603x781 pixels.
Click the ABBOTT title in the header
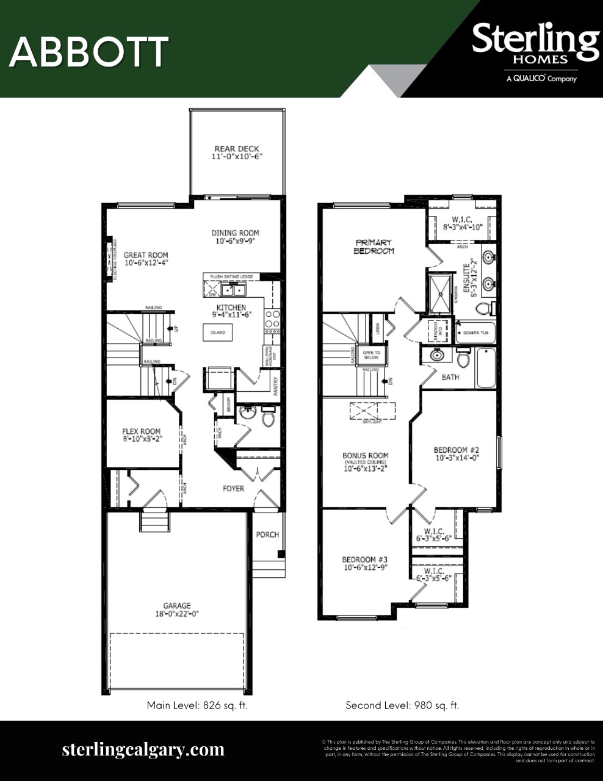(x=88, y=52)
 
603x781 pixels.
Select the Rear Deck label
(x=237, y=149)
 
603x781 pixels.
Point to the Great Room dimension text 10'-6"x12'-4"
(x=146, y=263)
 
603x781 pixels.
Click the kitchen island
(x=218, y=333)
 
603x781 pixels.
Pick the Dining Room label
(x=235, y=232)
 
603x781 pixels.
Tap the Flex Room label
(x=142, y=431)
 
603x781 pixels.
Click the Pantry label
(x=276, y=387)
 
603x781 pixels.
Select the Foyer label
(x=233, y=488)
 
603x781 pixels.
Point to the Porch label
(x=267, y=534)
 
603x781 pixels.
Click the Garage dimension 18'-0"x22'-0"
(x=176, y=614)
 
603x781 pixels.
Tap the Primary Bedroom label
(x=375, y=247)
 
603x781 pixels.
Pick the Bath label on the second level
(x=450, y=377)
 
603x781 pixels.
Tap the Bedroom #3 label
(x=364, y=560)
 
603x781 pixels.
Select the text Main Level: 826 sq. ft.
(x=197, y=705)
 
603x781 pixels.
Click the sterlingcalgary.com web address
(x=143, y=749)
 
